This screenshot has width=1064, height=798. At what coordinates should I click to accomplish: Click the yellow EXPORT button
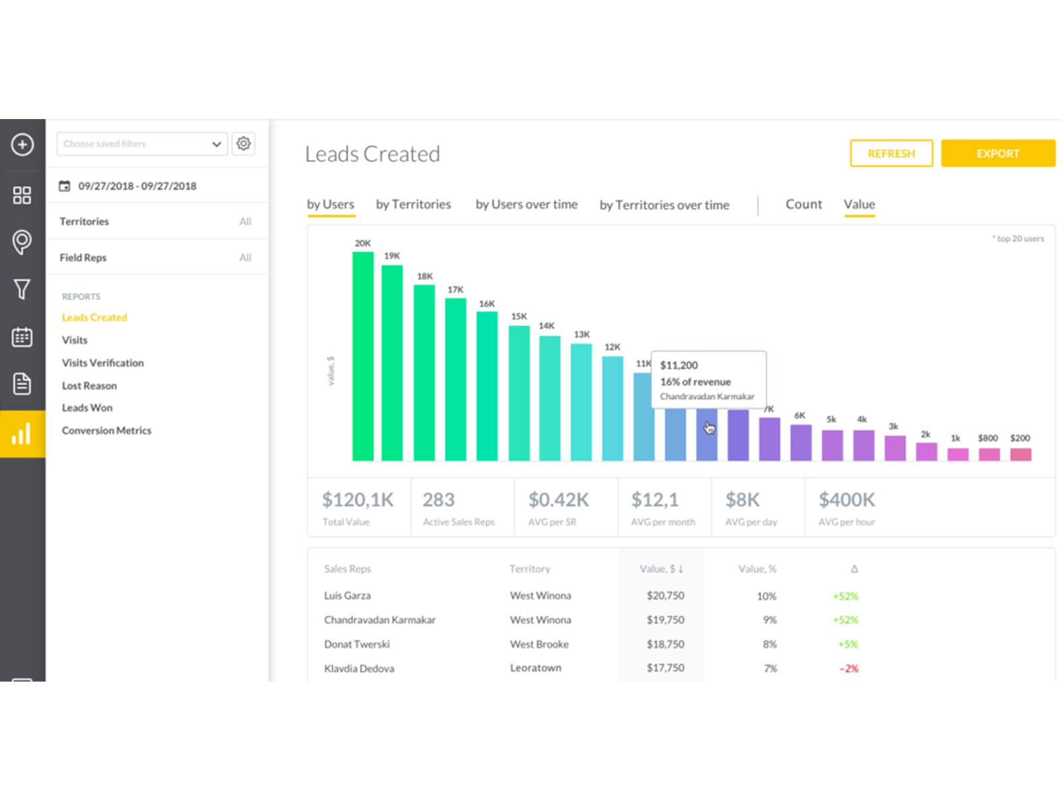[997, 154]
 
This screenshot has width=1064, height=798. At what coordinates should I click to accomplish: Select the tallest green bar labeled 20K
[362, 356]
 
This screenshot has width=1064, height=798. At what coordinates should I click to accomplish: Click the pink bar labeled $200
[1020, 454]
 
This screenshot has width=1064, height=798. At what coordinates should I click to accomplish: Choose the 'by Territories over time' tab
[664, 205]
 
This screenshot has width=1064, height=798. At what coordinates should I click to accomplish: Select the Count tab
[803, 204]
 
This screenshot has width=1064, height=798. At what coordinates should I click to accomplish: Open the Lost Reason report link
[89, 386]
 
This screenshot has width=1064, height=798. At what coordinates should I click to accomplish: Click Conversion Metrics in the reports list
[106, 430]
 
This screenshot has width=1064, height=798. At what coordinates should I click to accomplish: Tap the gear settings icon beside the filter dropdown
[243, 144]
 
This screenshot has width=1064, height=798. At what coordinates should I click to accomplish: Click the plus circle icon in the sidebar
[22, 144]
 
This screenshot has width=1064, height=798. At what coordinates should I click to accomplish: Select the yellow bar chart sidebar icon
[22, 434]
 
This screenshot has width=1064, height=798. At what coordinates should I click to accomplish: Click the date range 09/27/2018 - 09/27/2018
[137, 186]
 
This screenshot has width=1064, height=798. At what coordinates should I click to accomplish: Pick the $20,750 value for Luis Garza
[665, 596]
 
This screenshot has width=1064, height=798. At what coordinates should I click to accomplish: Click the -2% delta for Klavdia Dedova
[849, 668]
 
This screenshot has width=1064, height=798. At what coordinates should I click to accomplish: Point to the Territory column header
[529, 569]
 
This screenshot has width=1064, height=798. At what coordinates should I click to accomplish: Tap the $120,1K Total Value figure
[358, 500]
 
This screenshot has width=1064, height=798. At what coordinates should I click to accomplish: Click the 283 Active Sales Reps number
[438, 500]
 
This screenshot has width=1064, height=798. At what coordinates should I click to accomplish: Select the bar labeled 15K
[519, 392]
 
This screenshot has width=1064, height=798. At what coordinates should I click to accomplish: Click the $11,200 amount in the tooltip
[679, 365]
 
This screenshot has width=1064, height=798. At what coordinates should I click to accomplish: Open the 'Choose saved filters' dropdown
[142, 144]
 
